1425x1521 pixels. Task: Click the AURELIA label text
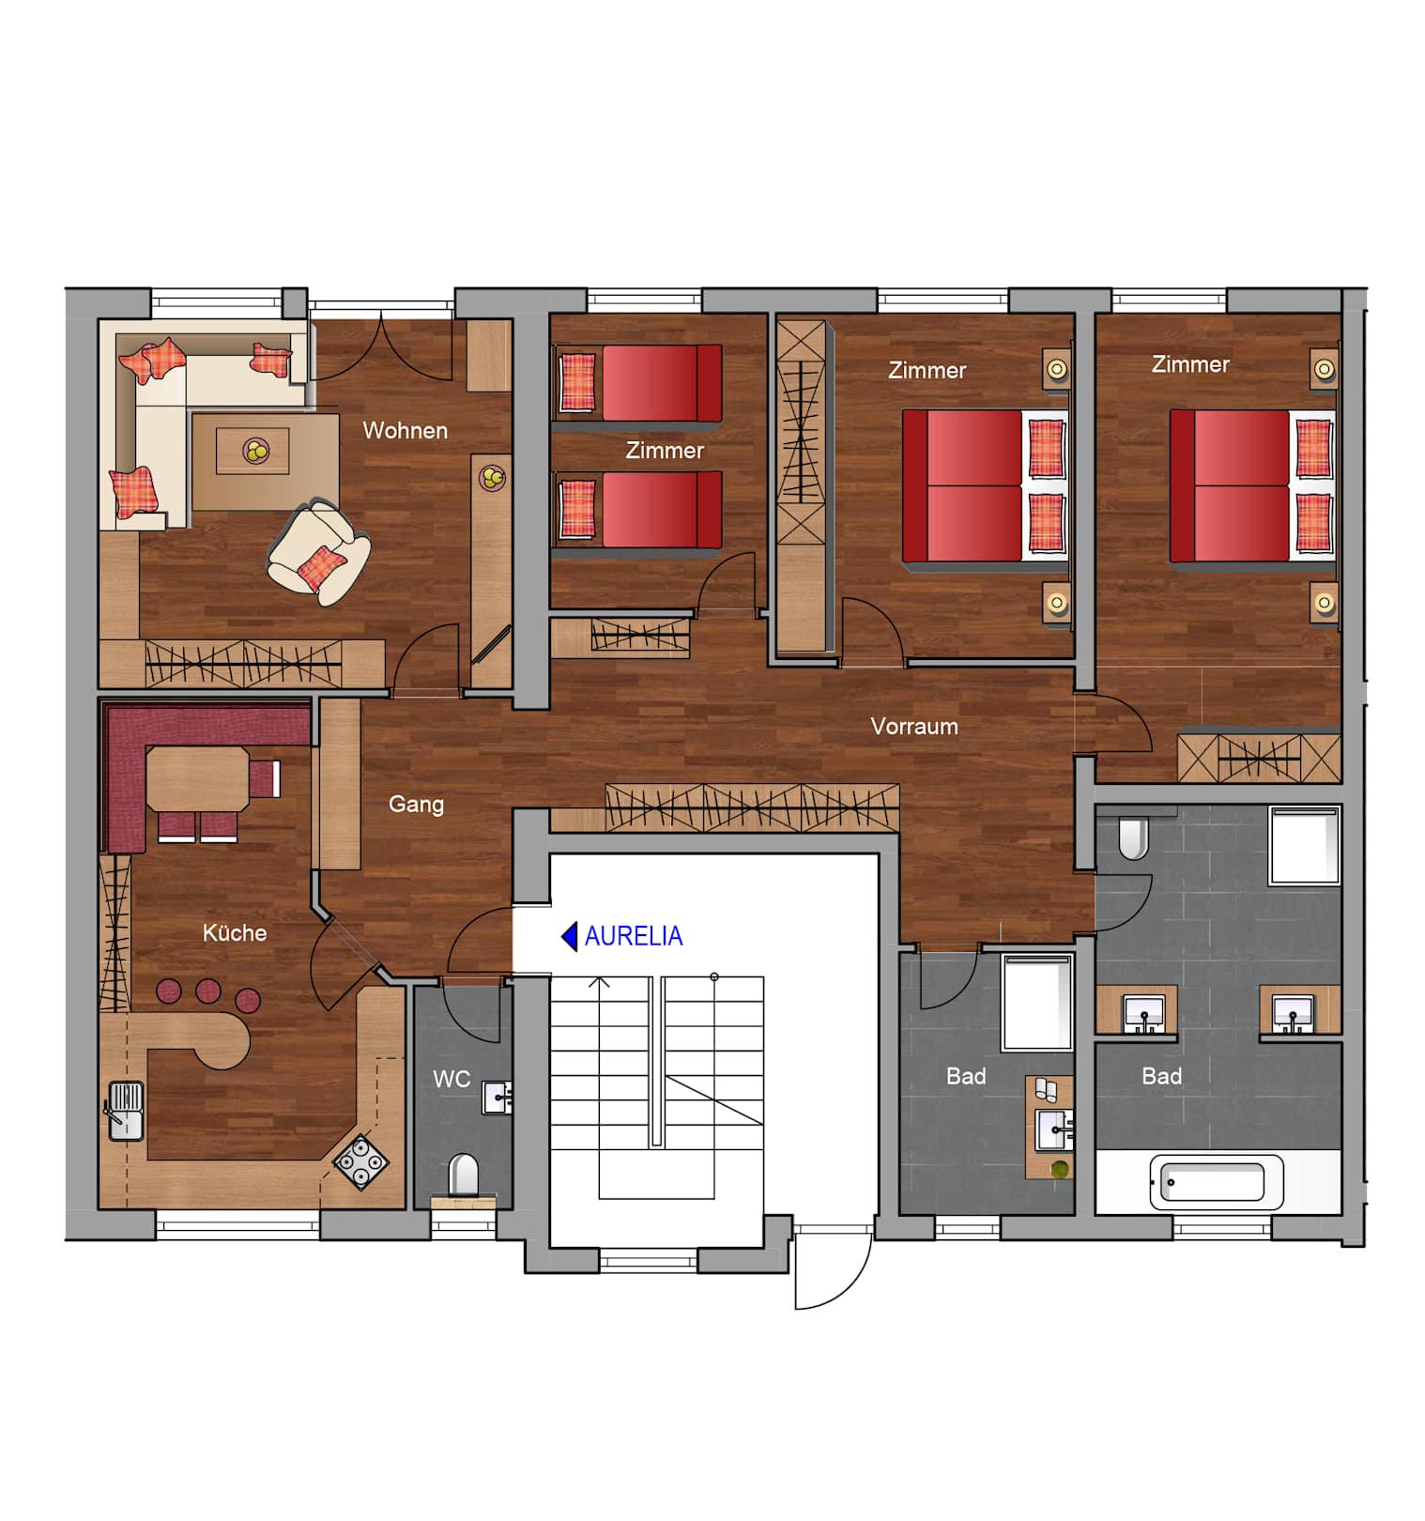coord(634,936)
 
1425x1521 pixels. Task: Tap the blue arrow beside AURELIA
coord(570,936)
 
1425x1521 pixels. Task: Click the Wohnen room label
coord(406,431)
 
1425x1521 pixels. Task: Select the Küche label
coord(235,932)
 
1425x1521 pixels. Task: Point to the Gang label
coord(416,805)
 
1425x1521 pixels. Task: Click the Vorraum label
coord(914,726)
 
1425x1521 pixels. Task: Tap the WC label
coord(452,1079)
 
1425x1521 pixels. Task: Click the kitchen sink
coord(126,1111)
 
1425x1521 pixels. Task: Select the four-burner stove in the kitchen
coord(361,1162)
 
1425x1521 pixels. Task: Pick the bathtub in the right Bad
coord(1217,1182)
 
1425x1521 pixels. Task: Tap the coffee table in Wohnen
coord(253,451)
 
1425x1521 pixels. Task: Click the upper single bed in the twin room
coord(639,383)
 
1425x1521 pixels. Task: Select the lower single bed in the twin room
coord(639,510)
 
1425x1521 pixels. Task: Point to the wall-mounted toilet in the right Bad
coord(1134,837)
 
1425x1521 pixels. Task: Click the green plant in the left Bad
coord(1060,1169)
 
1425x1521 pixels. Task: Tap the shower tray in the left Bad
coord(1037,1003)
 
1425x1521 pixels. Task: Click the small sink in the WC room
coord(498,1097)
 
